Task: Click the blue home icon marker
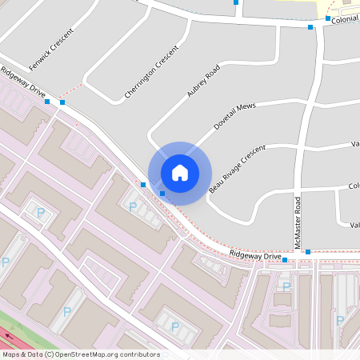point(180,172)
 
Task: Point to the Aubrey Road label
point(202,83)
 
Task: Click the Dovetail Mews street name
point(233,115)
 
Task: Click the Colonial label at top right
point(345,18)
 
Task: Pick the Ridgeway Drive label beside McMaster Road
point(255,255)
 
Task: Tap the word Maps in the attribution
point(11,354)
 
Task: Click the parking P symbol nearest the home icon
point(133,206)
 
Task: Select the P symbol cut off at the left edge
point(5,262)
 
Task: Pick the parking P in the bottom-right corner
point(340,320)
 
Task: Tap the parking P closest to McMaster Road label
point(286,286)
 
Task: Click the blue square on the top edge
point(236,2)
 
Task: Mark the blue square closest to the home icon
point(162,193)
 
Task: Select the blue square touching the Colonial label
point(328,18)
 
